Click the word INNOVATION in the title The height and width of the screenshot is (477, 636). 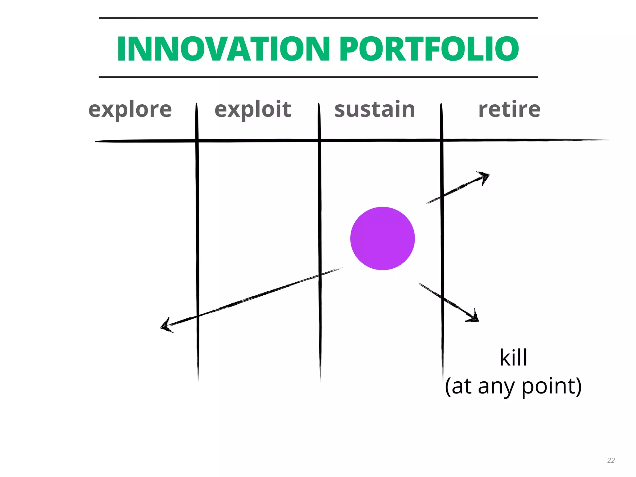[223, 49]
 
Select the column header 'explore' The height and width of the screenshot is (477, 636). [130, 109]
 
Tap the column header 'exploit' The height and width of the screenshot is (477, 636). [253, 109]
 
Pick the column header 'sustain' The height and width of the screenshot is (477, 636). [375, 109]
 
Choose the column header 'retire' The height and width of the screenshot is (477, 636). [509, 109]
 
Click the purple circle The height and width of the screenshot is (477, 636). [383, 238]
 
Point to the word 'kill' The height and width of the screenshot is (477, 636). [513, 358]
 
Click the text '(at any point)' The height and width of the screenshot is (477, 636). [513, 386]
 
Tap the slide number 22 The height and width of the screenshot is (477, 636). [611, 460]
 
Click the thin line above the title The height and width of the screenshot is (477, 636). [318, 18]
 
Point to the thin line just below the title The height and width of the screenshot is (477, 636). [318, 77]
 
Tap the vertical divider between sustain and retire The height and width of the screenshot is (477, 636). [442, 248]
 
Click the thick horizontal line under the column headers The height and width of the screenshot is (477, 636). [342, 141]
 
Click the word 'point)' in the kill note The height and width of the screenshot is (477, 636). [551, 386]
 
